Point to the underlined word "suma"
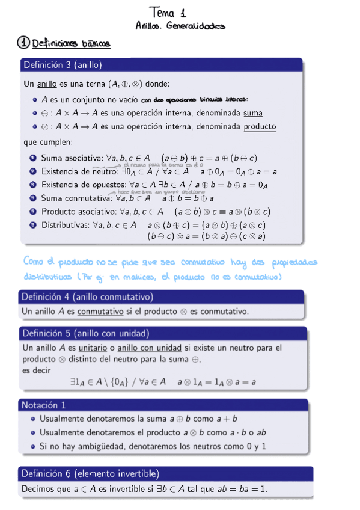(x=252, y=112)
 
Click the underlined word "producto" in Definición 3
(x=260, y=126)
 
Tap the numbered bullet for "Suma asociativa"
(x=33, y=158)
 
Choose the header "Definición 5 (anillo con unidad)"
(x=85, y=333)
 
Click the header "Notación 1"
(x=43, y=405)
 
